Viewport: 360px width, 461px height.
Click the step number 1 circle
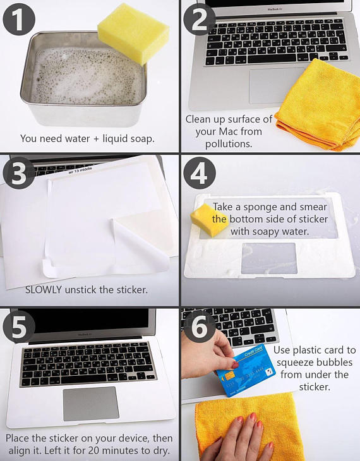point(19,20)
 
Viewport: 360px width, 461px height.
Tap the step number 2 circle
point(199,20)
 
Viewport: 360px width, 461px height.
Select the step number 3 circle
point(19,173)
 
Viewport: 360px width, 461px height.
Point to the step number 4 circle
point(200,173)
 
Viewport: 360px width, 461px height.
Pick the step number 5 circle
point(19,327)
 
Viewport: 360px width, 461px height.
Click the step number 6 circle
point(200,327)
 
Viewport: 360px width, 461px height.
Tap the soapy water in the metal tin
point(86,76)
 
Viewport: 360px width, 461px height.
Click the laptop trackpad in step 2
point(273,86)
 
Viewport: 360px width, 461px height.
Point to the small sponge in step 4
point(210,220)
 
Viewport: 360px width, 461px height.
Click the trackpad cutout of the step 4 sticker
point(269,258)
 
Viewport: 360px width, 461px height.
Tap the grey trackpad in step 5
point(91,404)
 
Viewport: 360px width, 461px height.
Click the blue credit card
point(246,370)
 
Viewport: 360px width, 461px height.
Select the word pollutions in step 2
point(229,144)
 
